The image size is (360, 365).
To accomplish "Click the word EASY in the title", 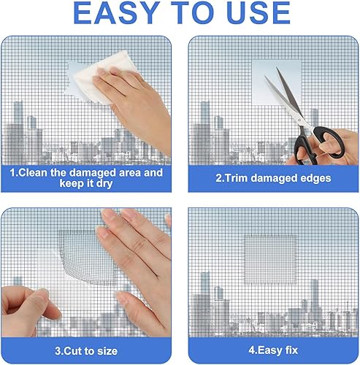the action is click(x=116, y=12).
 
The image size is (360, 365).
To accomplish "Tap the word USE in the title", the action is click(x=258, y=12).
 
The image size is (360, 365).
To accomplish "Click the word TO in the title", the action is click(x=192, y=12).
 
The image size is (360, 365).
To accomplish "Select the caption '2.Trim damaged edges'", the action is click(x=273, y=178).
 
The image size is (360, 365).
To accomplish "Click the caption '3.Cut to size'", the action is click(x=86, y=351).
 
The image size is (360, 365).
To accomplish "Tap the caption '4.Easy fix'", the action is click(x=273, y=350).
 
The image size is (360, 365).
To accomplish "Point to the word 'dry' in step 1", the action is click(x=104, y=184).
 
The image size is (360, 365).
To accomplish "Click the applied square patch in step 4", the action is click(x=271, y=259).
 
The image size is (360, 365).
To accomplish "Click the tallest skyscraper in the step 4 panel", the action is click(x=204, y=299).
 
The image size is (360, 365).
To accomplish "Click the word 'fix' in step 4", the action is click(x=291, y=350).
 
